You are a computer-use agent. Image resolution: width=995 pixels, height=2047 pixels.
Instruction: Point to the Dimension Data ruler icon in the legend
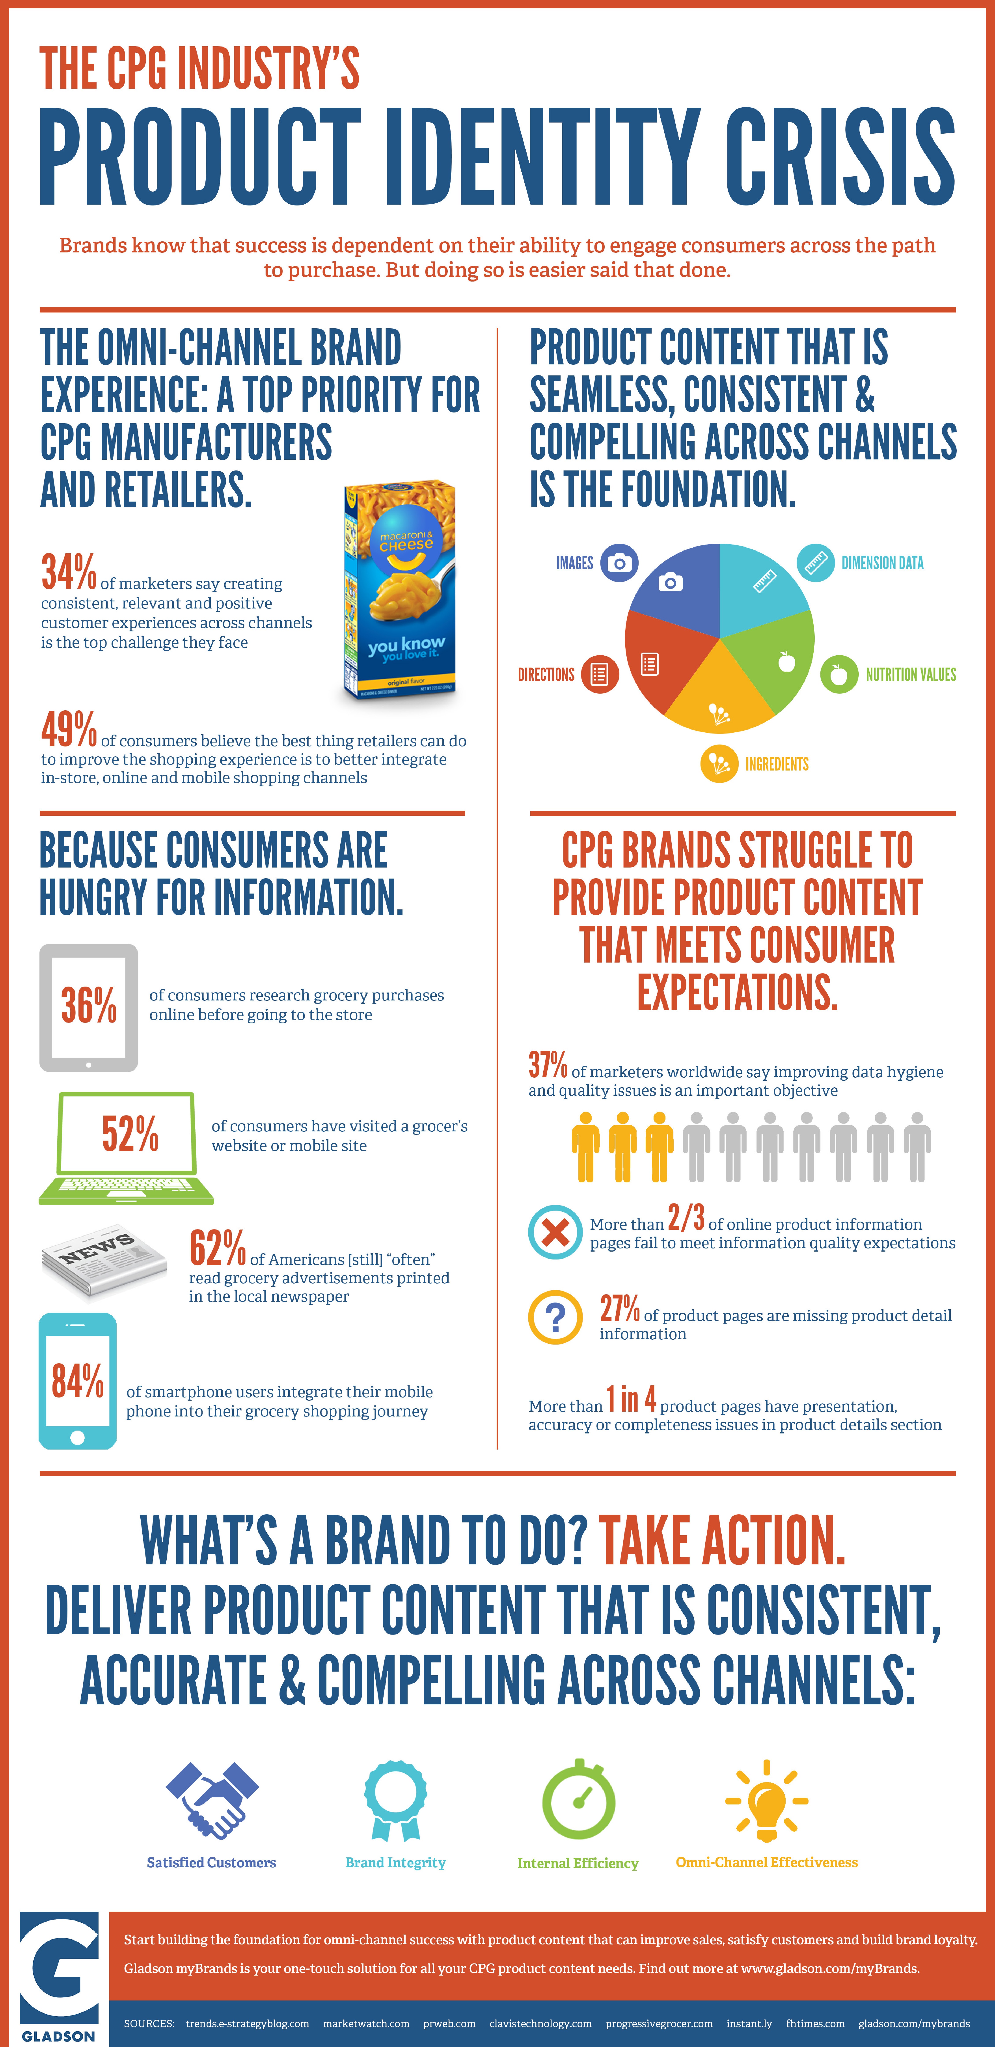click(815, 563)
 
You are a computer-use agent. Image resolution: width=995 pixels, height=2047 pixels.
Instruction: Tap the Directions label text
click(546, 675)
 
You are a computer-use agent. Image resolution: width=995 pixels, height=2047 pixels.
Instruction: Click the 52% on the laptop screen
click(130, 1133)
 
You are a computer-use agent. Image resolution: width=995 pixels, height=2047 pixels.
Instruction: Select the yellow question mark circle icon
click(555, 1317)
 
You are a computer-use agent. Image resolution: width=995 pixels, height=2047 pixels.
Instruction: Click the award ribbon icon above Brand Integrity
click(396, 1800)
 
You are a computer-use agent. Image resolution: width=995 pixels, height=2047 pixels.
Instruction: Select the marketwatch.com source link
click(366, 2023)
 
